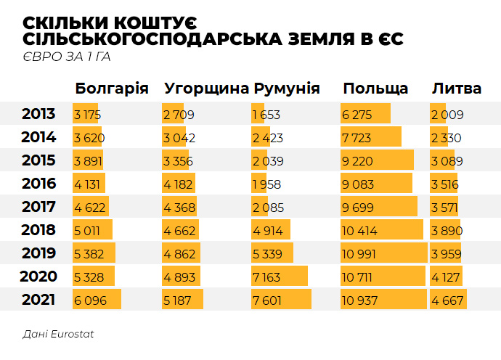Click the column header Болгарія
[112, 89]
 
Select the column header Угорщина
[206, 89]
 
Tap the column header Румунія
[287, 89]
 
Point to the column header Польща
[375, 89]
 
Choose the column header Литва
[456, 89]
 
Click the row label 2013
[38, 114]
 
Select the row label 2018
[38, 230]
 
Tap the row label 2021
[38, 299]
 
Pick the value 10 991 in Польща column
[362, 253]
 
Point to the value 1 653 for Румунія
[266, 115]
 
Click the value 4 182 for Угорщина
[179, 184]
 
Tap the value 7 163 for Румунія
[267, 277]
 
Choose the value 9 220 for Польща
[358, 161]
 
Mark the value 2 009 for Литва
[447, 115]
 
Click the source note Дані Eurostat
[58, 335]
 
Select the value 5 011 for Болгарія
[89, 230]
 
